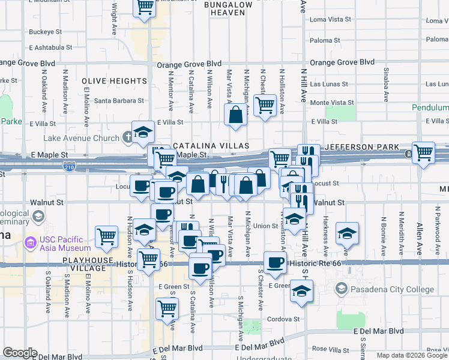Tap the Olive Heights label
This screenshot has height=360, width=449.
[x=114, y=81]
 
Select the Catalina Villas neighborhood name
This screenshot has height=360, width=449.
[x=211, y=146]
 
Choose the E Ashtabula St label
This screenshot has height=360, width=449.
[x=50, y=47]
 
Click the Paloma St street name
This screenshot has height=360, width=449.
[x=325, y=41]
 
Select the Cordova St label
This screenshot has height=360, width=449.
[x=283, y=319]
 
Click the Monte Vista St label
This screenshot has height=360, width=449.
[x=331, y=103]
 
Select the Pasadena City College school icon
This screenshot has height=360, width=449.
[x=342, y=289]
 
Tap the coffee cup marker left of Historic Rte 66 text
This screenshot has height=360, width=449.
[x=275, y=262]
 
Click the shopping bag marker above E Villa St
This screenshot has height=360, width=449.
[x=237, y=114]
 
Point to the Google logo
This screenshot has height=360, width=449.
[x=20, y=353]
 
